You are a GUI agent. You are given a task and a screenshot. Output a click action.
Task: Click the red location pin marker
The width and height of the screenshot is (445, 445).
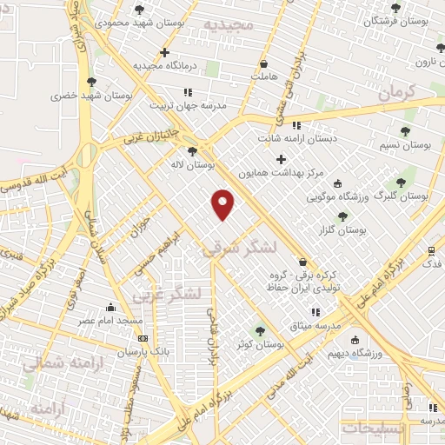coord(223,203)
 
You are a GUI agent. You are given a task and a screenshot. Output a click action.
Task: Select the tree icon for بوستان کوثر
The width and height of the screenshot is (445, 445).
coord(260,330)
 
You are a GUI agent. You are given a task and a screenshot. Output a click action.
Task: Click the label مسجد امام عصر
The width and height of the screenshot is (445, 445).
coord(111,321)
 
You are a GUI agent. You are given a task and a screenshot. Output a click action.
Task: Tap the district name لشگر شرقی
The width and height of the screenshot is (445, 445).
coord(239,249)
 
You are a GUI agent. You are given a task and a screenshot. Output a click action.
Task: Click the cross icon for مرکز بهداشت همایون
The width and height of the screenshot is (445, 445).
coord(280,159)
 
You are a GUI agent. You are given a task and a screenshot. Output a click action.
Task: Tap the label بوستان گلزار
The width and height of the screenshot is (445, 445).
coord(342,229)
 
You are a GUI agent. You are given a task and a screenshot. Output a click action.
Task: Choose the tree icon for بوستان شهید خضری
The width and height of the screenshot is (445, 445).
coord(91,82)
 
